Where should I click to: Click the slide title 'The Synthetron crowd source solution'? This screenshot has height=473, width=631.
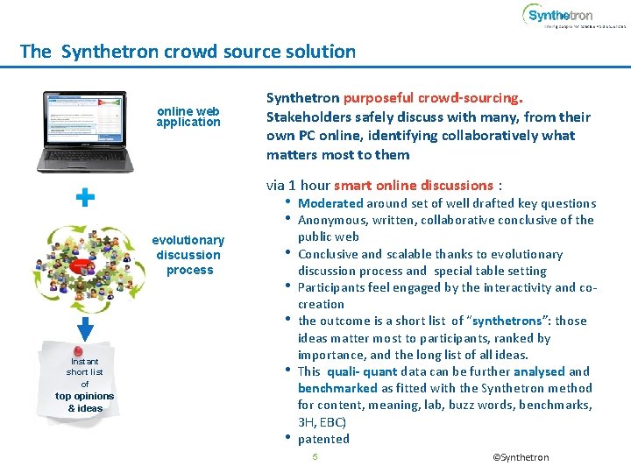coord(188,52)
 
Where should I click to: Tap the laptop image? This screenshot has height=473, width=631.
coord(83,131)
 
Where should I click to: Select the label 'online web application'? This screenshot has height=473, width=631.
coord(188,116)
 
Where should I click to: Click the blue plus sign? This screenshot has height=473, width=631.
coord(85,199)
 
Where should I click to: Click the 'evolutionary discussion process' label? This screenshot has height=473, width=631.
coord(188,255)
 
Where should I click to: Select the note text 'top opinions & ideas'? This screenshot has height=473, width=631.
coord(84,402)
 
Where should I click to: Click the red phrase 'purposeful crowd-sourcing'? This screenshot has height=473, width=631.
coord(432,98)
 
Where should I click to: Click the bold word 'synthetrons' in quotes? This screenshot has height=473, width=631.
coord(524,321)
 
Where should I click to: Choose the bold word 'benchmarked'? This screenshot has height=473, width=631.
coord(337,388)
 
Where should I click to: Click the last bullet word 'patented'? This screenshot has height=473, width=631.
coord(323,439)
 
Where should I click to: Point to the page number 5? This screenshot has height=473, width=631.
coord(315,457)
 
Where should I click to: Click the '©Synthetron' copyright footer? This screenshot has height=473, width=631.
coord(521,457)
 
